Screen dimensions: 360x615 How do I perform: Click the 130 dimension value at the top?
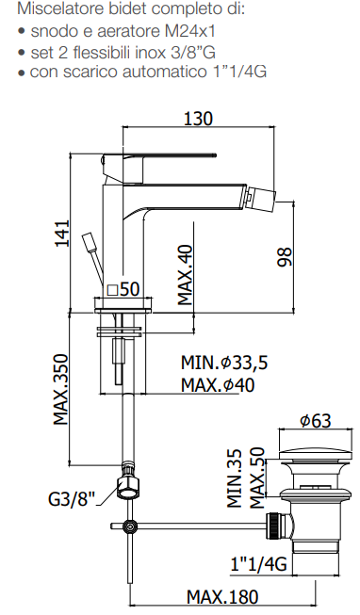pos(198,118)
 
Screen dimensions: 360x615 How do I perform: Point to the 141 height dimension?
pos(61,234)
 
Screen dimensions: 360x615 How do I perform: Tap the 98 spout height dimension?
pos(285,257)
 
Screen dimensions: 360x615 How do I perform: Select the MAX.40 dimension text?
pos(186,275)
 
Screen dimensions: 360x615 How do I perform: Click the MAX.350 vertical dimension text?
pos(61,390)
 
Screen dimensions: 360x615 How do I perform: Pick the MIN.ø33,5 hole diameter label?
pos(224,363)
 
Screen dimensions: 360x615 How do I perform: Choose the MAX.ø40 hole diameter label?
pos(218,385)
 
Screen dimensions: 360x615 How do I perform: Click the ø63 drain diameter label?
pos(316,420)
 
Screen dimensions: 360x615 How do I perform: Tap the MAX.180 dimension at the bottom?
pos(222,597)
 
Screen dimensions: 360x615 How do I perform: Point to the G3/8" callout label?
pos(72,498)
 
